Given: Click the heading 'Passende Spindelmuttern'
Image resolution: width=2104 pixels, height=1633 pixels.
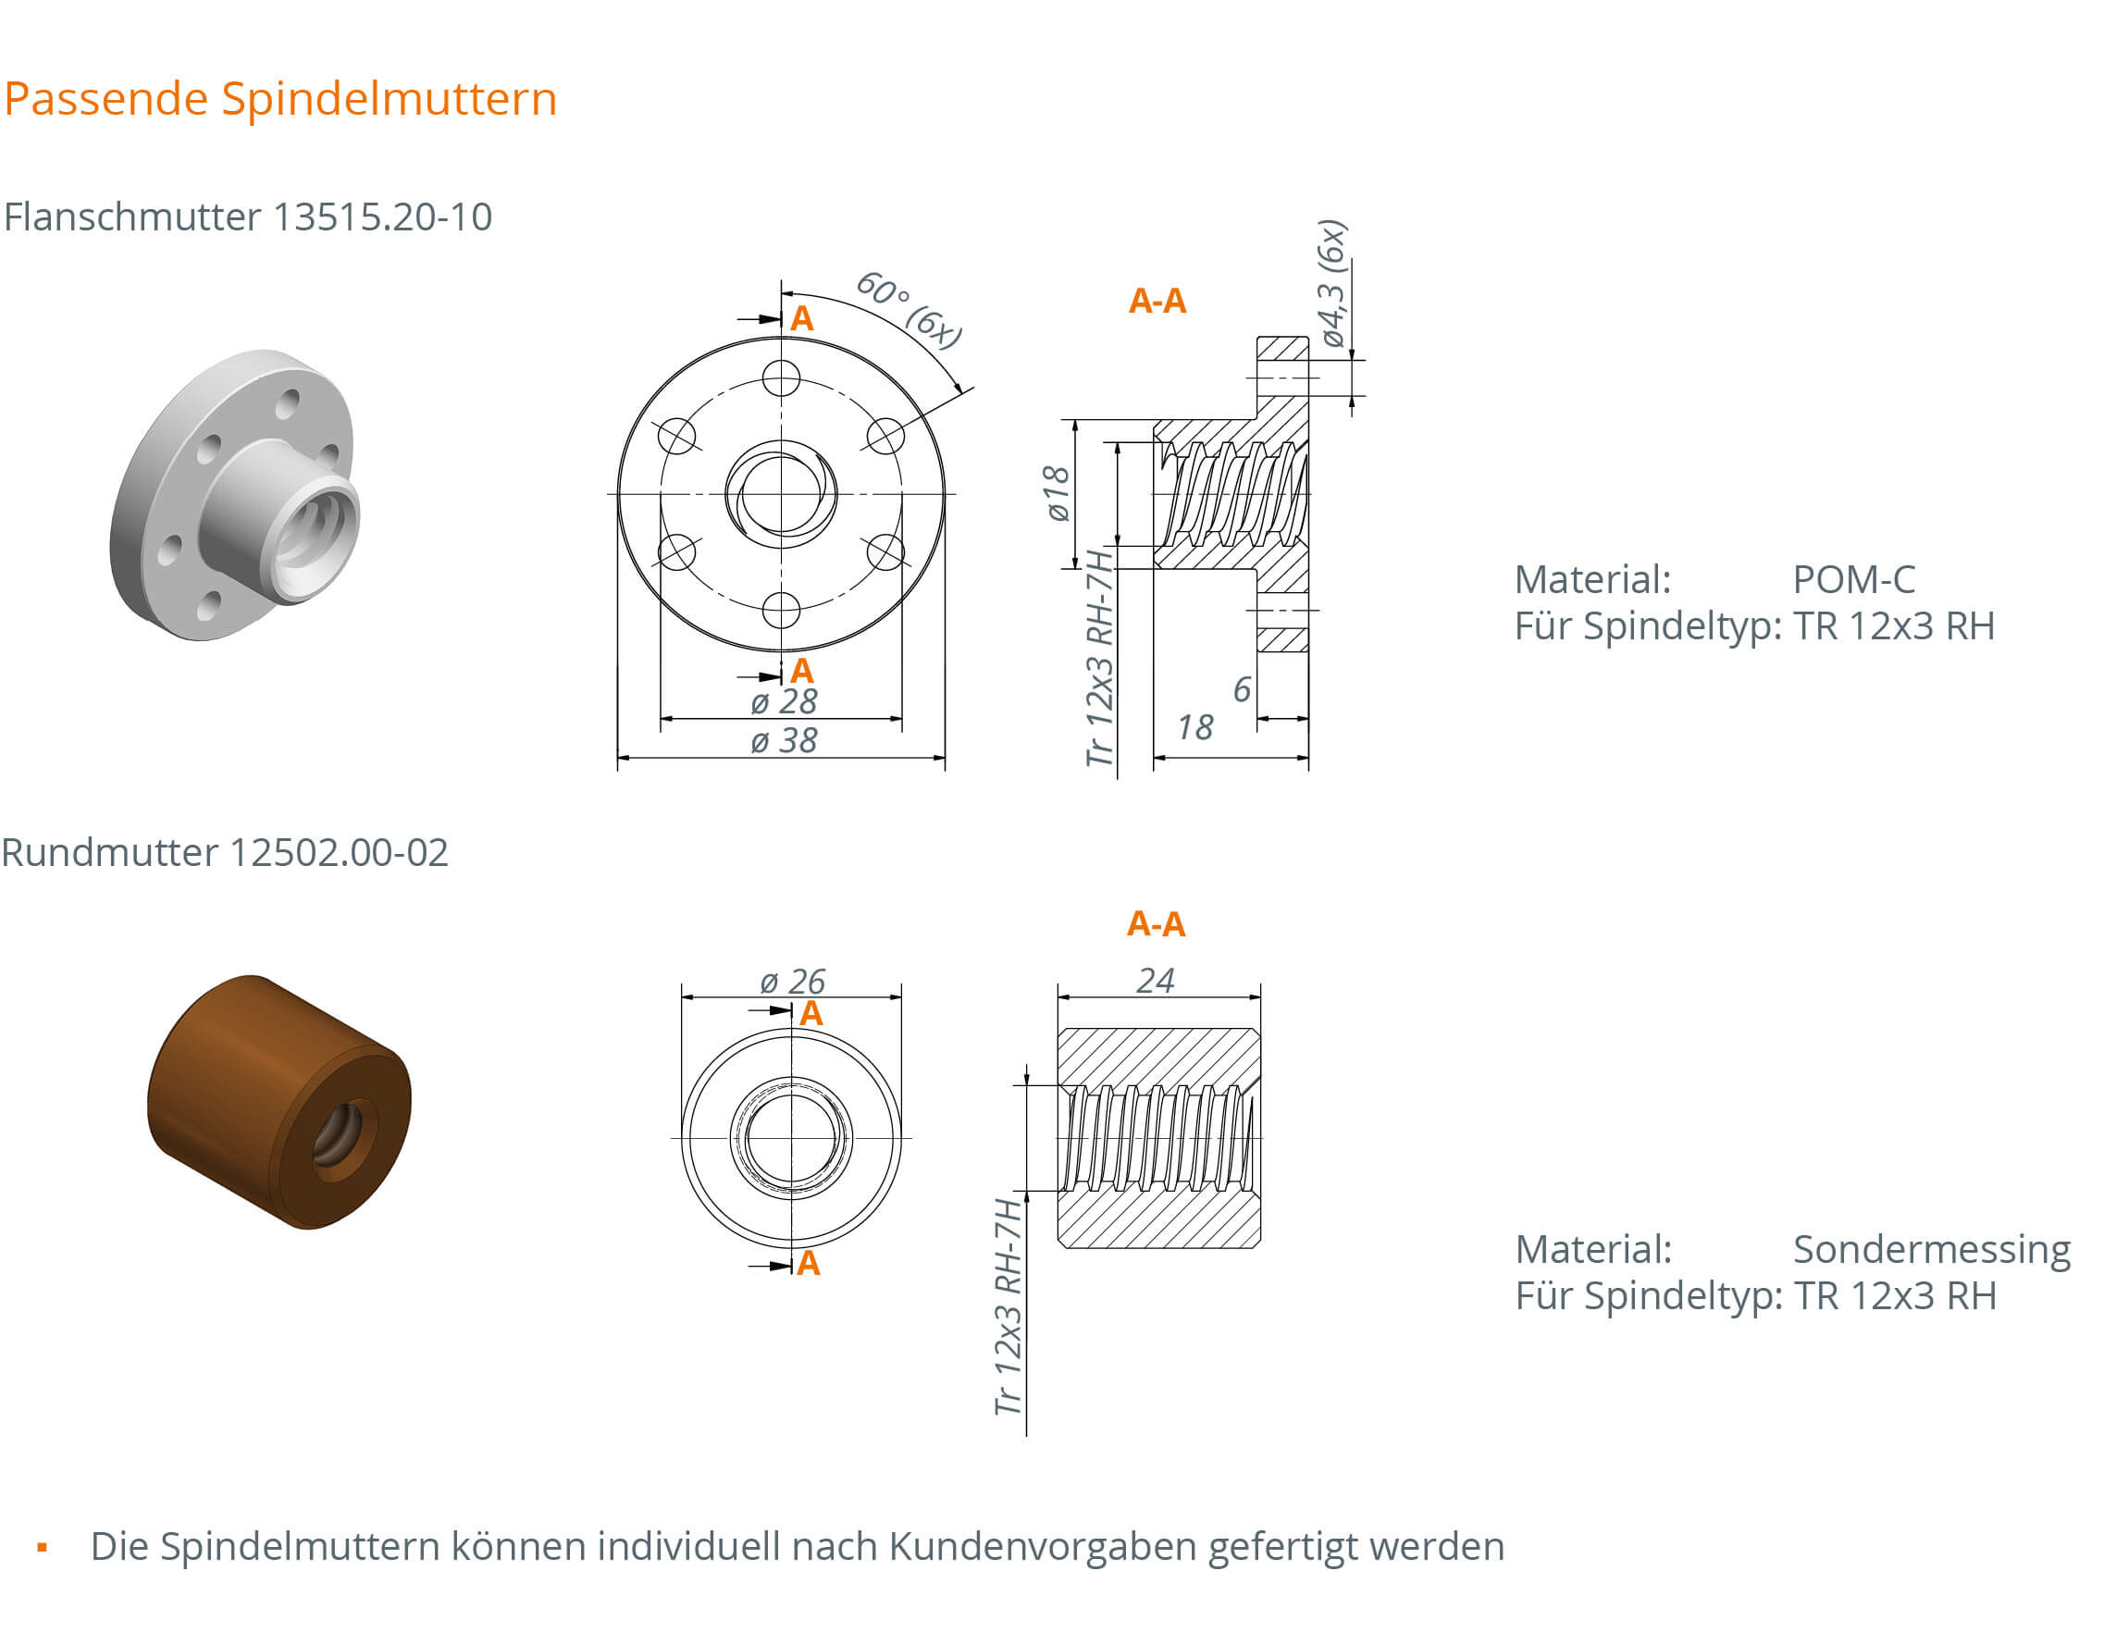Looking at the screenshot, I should coord(280,98).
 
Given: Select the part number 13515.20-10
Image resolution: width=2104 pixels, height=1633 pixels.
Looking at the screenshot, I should coord(382,216).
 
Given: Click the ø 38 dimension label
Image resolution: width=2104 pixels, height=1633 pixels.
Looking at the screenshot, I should coord(784,741).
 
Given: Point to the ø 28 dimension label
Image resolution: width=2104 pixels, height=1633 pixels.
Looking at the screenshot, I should coord(784,701).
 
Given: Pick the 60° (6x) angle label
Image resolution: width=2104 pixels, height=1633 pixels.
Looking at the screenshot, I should coord(909,310).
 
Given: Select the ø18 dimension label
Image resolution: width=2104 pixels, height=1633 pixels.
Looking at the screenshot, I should coord(1057,493).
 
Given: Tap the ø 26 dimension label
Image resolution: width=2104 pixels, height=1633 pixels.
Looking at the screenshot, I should coord(792,981).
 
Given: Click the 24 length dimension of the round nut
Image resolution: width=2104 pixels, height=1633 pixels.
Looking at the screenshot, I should coord(1154,980).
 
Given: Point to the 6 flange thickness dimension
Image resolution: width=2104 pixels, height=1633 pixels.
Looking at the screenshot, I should coord(1242,689).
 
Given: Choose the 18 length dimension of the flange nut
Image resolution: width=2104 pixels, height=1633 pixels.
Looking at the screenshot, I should coord(1194,727).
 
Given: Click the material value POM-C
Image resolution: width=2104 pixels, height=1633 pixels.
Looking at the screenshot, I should coord(1852,579).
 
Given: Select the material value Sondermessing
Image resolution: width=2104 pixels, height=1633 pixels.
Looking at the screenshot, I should coord(1931,1249).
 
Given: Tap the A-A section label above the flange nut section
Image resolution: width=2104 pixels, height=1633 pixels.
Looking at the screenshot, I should coord(1157,301).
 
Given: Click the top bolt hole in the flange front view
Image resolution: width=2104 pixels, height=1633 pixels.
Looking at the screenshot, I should coord(780,377).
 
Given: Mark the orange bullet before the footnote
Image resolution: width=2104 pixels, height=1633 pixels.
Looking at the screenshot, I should coord(42,1547).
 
